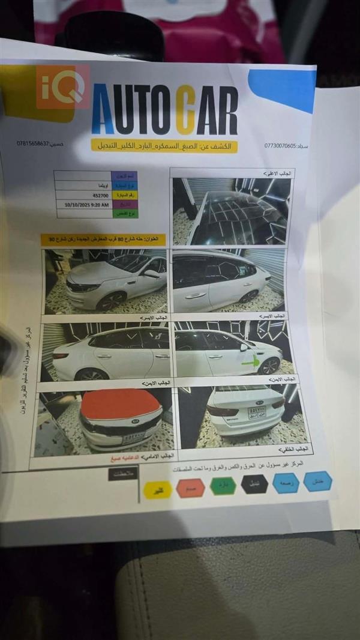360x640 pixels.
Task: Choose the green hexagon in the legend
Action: [x=223, y=486]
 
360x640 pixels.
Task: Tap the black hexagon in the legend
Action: [x=255, y=484]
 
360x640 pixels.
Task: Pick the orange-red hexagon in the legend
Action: [x=191, y=488]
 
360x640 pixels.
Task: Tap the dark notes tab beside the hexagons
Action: [x=124, y=473]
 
